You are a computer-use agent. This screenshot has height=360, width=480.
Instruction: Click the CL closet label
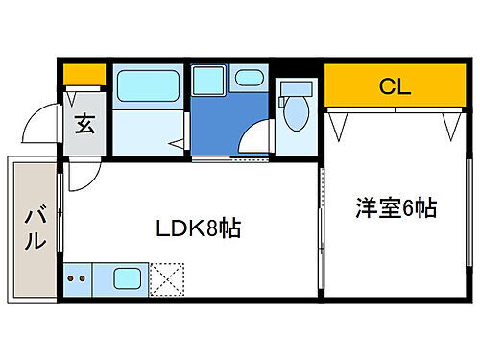tap(394, 87)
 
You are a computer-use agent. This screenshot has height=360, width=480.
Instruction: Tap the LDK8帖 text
tap(199, 229)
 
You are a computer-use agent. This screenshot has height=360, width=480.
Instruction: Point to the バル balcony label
tap(34, 228)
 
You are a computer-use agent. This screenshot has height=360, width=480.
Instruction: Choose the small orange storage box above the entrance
tap(84, 73)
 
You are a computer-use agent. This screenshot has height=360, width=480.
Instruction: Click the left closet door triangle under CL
tap(337, 124)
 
